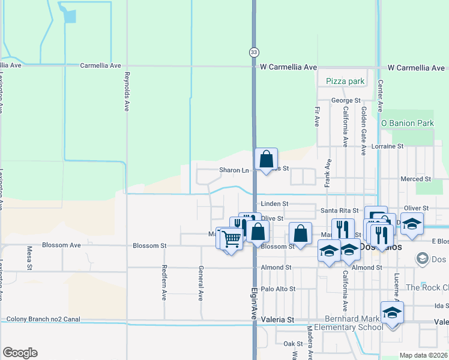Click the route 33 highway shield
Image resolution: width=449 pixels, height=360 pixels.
pyautogui.click(x=254, y=52)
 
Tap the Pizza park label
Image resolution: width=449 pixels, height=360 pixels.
pyautogui.click(x=345, y=81)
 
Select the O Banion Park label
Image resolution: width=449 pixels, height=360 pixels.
pyautogui.click(x=407, y=123)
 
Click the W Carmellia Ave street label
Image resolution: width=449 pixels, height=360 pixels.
pyautogui.click(x=288, y=68)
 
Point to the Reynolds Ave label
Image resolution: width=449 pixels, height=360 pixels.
pyautogui.click(x=127, y=92)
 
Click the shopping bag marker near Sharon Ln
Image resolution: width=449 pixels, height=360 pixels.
pyautogui.click(x=267, y=160)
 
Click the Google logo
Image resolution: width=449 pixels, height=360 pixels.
pyautogui.click(x=20, y=353)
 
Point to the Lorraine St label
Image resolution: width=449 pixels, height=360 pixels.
pyautogui.click(x=387, y=146)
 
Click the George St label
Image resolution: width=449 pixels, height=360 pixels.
pyautogui.click(x=346, y=100)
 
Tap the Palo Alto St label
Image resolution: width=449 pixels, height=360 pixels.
pyautogui.click(x=279, y=289)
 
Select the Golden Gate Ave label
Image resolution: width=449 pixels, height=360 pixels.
pyautogui.click(x=364, y=131)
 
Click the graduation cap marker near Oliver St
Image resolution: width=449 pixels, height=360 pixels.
pyautogui.click(x=412, y=223)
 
